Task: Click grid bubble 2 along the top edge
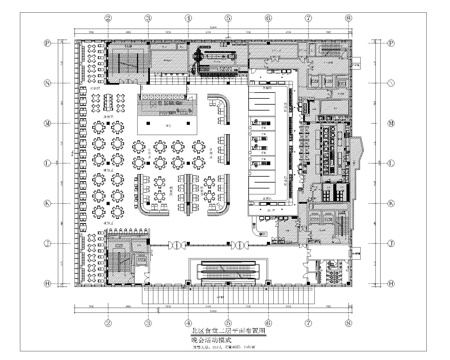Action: (x=107, y=18)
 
